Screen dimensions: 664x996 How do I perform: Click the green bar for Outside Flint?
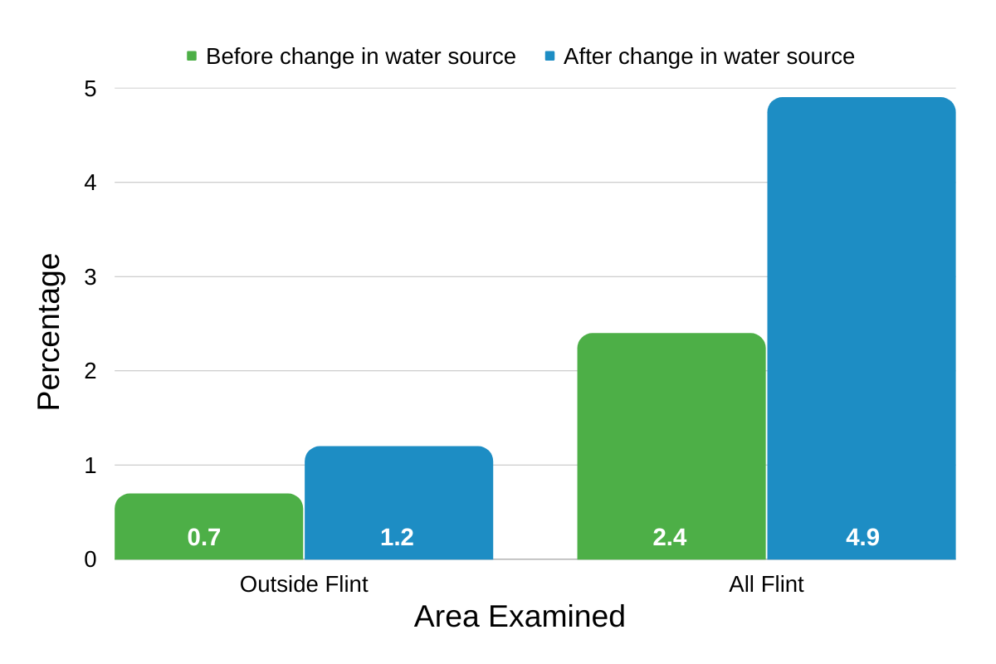pyautogui.click(x=208, y=515)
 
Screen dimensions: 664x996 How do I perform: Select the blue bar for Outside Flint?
pyautogui.click(x=398, y=490)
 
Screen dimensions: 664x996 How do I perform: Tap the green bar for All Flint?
pyautogui.click(x=671, y=432)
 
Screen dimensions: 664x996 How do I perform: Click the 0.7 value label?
pyautogui.click(x=204, y=537)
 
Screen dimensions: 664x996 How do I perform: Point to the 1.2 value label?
pyautogui.click(x=397, y=537)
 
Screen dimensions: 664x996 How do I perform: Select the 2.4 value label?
pyautogui.click(x=670, y=537)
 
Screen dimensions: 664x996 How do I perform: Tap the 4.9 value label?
pyautogui.click(x=862, y=537)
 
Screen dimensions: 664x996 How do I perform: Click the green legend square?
pyautogui.click(x=192, y=56)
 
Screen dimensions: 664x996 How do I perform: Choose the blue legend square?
pyautogui.click(x=549, y=56)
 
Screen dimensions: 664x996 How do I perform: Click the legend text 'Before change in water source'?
pyautogui.click(x=361, y=56)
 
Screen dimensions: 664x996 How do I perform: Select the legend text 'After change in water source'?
pyautogui.click(x=709, y=56)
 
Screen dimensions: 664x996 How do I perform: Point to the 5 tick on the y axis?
pyautogui.click(x=90, y=89)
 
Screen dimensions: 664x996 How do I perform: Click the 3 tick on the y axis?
pyautogui.click(x=90, y=276)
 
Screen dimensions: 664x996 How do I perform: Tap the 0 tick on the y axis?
pyautogui.click(x=90, y=559)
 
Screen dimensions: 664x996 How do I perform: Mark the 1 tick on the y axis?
pyautogui.click(x=90, y=465)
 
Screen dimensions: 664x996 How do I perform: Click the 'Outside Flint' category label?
pyautogui.click(x=304, y=584)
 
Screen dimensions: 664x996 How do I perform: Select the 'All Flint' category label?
pyautogui.click(x=766, y=584)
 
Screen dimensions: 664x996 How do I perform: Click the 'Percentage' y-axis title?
pyautogui.click(x=49, y=332)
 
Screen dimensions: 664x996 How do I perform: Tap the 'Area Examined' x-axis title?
pyautogui.click(x=520, y=617)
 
